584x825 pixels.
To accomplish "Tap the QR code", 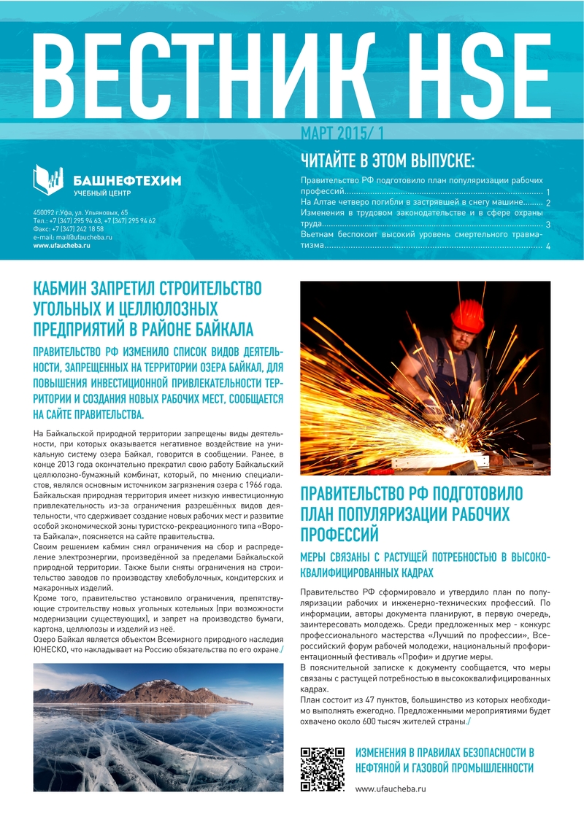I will (322, 769).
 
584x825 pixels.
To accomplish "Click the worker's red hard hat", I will (467, 316).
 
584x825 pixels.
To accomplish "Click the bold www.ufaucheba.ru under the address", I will (61, 246).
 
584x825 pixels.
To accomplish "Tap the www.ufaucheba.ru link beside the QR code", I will (390, 789).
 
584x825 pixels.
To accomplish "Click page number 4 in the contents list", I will (547, 247).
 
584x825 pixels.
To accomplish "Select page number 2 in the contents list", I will (547, 203).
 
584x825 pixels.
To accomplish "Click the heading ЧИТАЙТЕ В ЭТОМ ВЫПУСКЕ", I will (388, 160).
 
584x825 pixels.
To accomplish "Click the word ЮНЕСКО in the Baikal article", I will (52, 648).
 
